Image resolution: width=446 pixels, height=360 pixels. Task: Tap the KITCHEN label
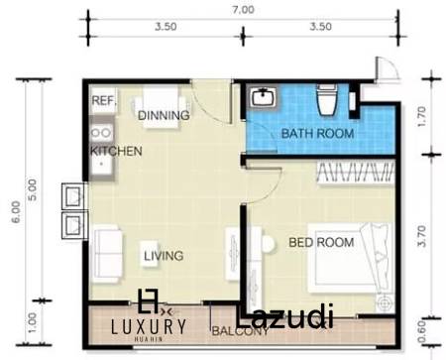click(x=116, y=151)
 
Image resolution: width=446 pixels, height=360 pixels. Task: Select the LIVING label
click(x=163, y=256)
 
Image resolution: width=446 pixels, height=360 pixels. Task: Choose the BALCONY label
click(x=238, y=331)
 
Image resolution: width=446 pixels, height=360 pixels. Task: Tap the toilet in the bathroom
click(x=325, y=100)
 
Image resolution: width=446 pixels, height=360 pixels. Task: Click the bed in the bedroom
click(x=371, y=257)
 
